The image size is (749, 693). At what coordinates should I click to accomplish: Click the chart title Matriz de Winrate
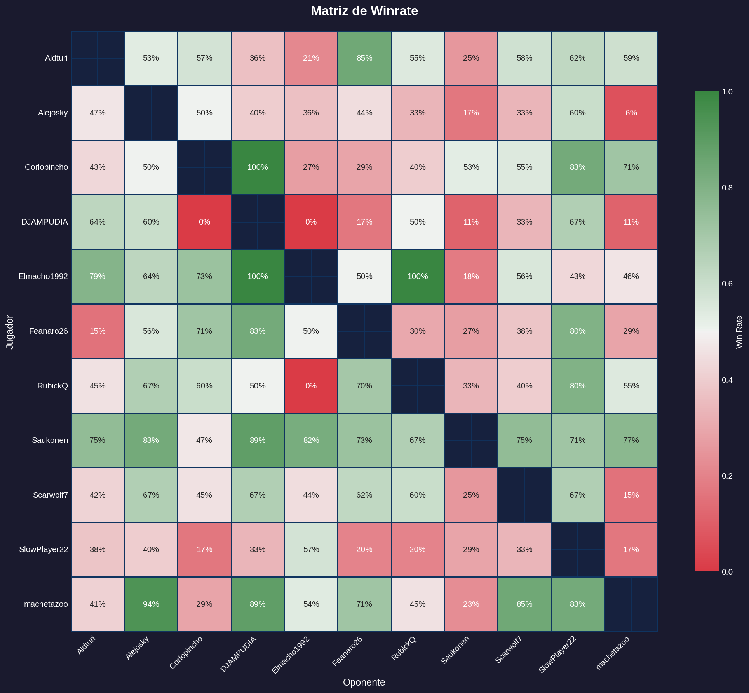pyautogui.click(x=364, y=11)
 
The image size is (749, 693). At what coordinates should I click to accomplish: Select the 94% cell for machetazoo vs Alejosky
pyautogui.click(x=151, y=604)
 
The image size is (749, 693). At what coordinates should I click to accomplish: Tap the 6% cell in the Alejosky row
pyautogui.click(x=631, y=113)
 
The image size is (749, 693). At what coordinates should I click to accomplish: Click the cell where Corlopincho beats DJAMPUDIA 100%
pyautogui.click(x=258, y=167)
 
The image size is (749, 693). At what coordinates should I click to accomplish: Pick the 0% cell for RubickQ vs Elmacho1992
pyautogui.click(x=311, y=386)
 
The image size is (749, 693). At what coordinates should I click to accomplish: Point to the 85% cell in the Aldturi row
pyautogui.click(x=364, y=58)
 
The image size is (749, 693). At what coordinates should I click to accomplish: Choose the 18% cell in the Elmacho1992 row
pyautogui.click(x=471, y=277)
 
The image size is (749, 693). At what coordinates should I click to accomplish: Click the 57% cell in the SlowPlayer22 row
pyautogui.click(x=311, y=550)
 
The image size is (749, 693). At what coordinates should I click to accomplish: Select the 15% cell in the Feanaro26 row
pyautogui.click(x=98, y=331)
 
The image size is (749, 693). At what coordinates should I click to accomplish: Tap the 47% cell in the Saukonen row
pyautogui.click(x=204, y=441)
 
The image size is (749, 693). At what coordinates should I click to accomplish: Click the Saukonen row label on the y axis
pyautogui.click(x=50, y=441)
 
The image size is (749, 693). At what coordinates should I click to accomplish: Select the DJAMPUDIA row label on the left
pyautogui.click(x=45, y=222)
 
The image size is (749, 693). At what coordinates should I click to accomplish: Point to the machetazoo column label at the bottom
pyautogui.click(x=613, y=653)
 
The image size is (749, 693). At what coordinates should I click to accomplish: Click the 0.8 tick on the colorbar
pyautogui.click(x=727, y=188)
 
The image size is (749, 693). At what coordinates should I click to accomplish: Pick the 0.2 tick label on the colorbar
pyautogui.click(x=727, y=476)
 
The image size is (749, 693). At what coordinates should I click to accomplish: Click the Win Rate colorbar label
pyautogui.click(x=739, y=332)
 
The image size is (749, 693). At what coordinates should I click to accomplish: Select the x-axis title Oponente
pyautogui.click(x=364, y=683)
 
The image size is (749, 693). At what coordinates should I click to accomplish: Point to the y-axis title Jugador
pyautogui.click(x=10, y=332)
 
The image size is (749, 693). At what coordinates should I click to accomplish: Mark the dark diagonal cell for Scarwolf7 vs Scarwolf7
pyautogui.click(x=524, y=495)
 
